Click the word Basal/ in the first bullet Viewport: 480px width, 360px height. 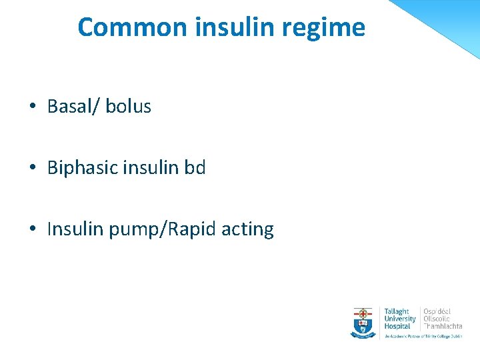(x=73, y=107)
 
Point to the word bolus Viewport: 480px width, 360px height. (x=128, y=107)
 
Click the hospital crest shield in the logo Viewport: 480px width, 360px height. (x=363, y=322)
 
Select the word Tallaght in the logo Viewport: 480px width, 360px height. (x=397, y=311)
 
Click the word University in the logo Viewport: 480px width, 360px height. (x=399, y=319)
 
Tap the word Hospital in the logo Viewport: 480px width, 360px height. (x=397, y=326)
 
